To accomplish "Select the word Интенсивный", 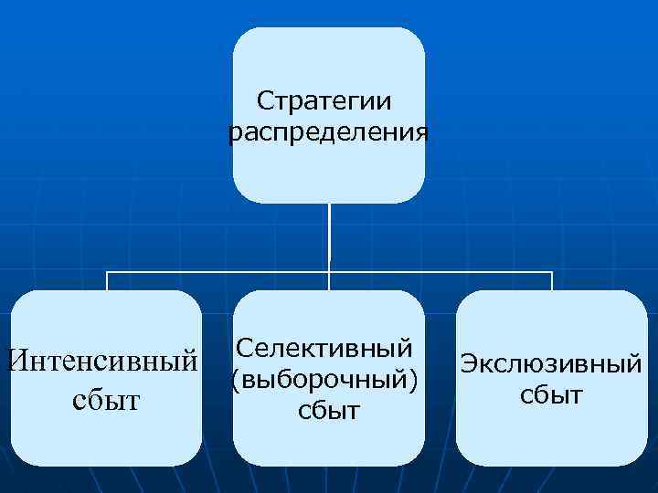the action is [x=101, y=360].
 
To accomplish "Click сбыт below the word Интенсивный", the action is [x=101, y=400].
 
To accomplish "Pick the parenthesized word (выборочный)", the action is [x=329, y=379].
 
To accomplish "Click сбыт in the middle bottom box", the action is [x=329, y=410].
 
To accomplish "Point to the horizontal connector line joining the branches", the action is [x=219, y=272].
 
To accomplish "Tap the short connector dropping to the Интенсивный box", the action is [x=108, y=281].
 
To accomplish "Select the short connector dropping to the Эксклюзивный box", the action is [x=551, y=281].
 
